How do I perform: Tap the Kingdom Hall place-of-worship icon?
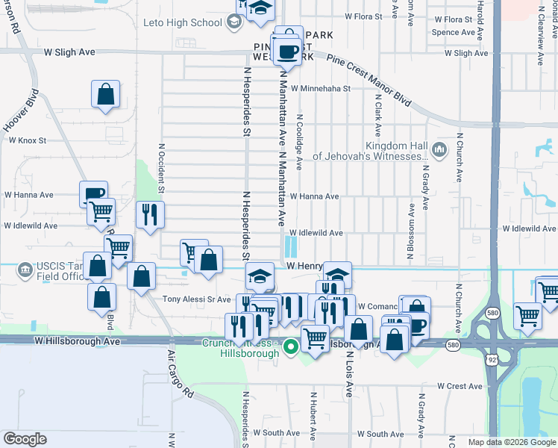pos(439,146)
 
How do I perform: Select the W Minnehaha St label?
pos(321,88)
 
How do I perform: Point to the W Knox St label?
pos(27,140)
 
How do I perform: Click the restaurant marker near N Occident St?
pos(150,215)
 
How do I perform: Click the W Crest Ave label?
pos(460,386)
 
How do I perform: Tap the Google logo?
pos(25,439)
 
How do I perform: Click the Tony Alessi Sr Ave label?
pos(197,299)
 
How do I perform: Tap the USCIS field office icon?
pos(25,268)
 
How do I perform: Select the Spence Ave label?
pos(453,32)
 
